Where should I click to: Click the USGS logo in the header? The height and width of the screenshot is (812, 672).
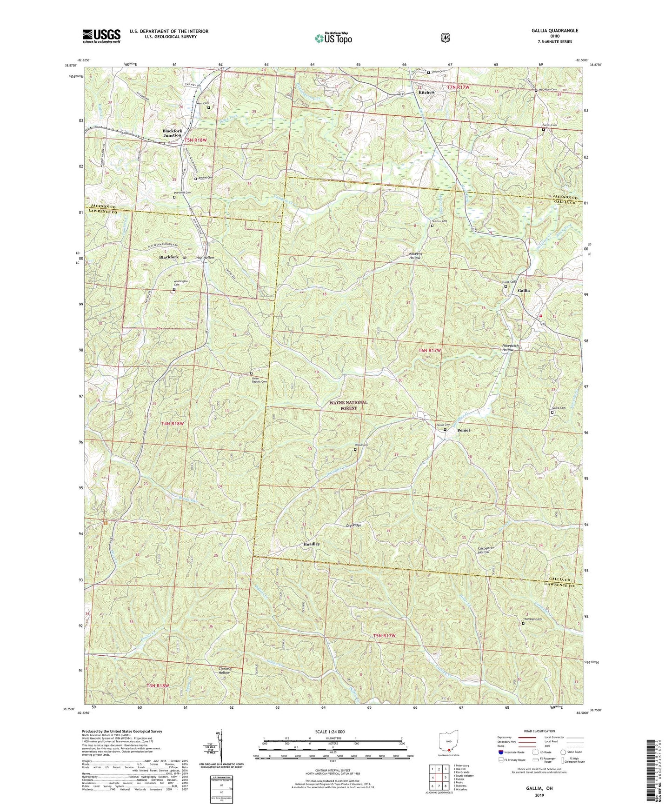[101, 36]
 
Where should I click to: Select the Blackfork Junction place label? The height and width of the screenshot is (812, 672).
[172, 133]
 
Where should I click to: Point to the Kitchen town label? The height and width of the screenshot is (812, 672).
[426, 92]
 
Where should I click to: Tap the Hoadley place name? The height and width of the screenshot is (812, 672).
[311, 544]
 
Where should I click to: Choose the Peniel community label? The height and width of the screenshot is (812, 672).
[464, 430]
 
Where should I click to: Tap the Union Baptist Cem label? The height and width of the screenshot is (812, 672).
[259, 379]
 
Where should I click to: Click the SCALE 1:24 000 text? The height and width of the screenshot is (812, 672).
[332, 732]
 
